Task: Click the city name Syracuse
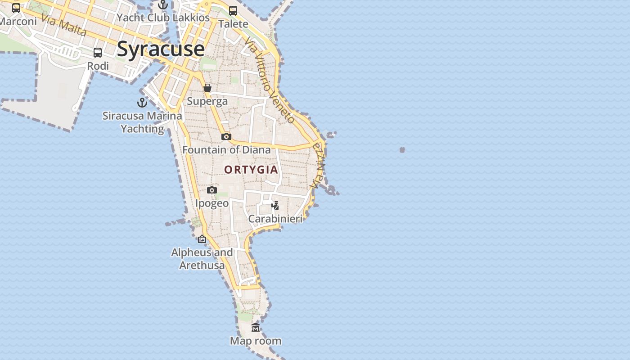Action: point(161,49)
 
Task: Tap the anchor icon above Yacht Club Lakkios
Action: point(163,4)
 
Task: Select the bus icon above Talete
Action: point(233,10)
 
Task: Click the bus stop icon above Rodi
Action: point(98,53)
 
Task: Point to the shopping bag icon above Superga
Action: point(207,88)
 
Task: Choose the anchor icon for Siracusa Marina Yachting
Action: point(142,103)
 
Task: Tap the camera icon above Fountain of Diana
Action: point(226,136)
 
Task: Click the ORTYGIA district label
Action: point(251,170)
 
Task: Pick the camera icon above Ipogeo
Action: point(212,190)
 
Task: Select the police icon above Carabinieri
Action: point(275,206)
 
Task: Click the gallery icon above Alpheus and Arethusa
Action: point(202,239)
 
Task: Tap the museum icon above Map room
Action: point(256,327)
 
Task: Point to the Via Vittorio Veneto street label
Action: point(269,80)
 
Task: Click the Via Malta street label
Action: point(63,25)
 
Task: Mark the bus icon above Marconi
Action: point(16,8)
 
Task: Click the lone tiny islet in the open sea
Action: point(402,150)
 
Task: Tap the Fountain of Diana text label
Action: point(227,150)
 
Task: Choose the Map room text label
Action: point(256,341)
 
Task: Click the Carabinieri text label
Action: point(275,219)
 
